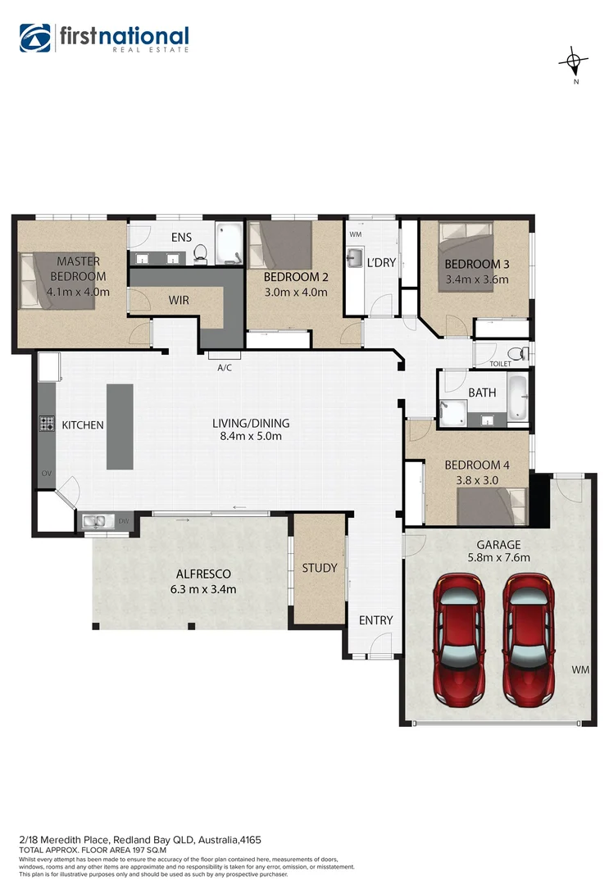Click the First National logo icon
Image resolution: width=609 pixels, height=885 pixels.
[35, 39]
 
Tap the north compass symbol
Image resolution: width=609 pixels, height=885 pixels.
[575, 61]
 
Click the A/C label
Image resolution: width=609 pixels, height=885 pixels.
[225, 367]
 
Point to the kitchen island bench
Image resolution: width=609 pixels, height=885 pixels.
[120, 426]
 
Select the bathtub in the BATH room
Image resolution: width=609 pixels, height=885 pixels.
[518, 397]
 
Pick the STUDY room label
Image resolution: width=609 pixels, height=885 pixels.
[320, 568]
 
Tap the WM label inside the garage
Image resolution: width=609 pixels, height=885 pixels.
[580, 670]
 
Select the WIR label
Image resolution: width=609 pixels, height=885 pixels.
[178, 301]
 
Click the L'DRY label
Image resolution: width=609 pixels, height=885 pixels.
[381, 263]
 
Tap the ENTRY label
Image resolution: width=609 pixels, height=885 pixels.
[376, 620]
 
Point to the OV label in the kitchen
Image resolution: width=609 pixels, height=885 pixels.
[45, 474]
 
